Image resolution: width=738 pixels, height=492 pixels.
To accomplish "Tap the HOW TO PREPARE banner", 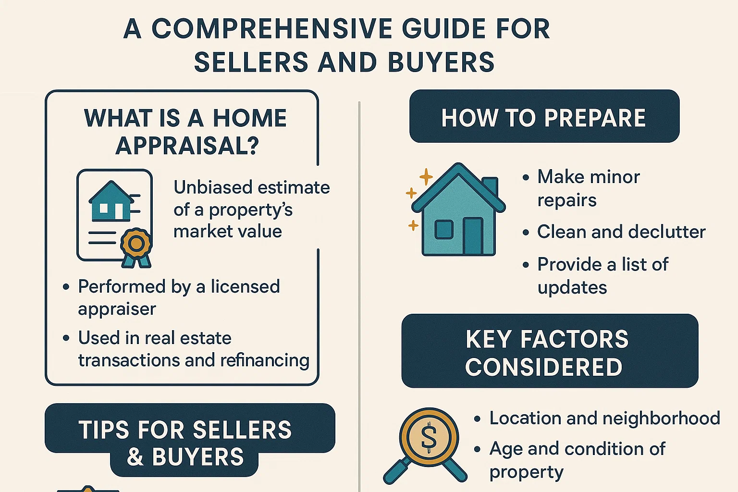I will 544,117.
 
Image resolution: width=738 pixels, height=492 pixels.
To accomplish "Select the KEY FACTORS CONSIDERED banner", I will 549,352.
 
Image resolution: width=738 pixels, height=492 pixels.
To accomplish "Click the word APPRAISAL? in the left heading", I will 187,146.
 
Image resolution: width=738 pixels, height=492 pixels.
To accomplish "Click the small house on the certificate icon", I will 111,202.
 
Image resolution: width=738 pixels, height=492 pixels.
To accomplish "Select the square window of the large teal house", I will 443,229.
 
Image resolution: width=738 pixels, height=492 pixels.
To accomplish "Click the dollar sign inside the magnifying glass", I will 429,437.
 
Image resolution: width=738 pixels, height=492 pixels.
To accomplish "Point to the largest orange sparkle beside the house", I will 426,177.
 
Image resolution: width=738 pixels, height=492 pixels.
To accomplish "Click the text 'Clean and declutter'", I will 621,232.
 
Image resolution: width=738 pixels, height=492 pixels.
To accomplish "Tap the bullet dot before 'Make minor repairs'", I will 526,178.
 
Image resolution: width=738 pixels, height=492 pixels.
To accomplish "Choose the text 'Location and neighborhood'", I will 604,418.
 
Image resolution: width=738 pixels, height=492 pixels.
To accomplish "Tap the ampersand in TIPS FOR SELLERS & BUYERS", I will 135,456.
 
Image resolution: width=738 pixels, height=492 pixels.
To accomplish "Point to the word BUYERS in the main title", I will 441,62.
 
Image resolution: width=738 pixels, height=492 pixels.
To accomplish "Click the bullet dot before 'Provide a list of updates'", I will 526,265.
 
